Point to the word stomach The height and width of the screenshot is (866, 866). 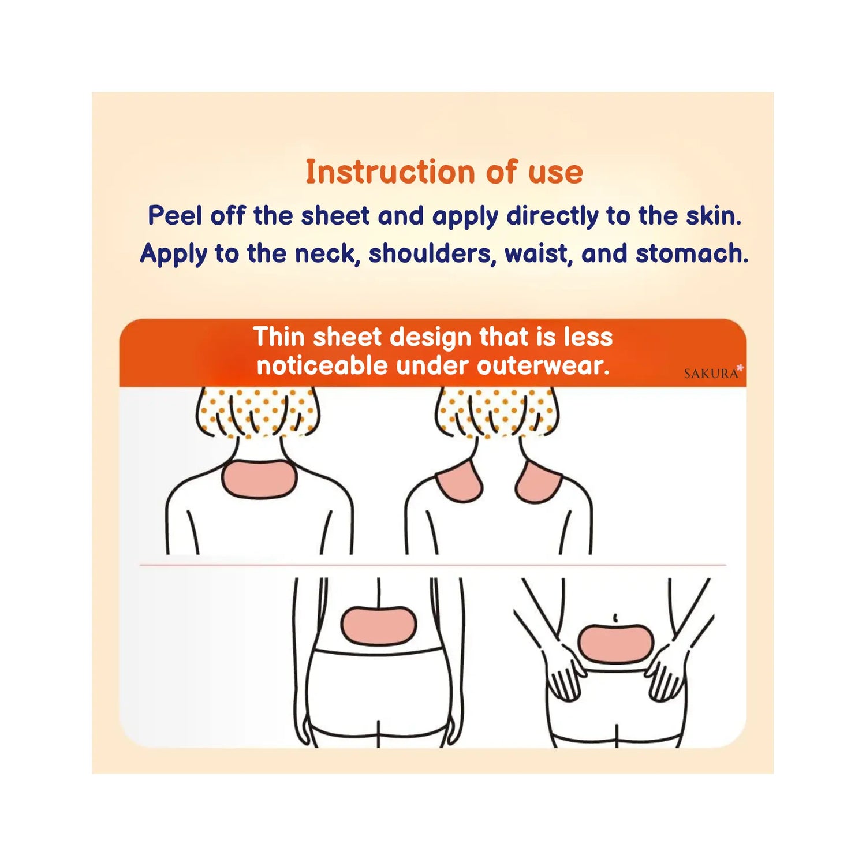pos(692,253)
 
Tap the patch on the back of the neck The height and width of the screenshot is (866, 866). pos(259,479)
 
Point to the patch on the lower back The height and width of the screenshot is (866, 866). pos(378,626)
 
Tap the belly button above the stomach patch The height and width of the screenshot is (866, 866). pos(615,618)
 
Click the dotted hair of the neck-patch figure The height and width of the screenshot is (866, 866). pos(259,412)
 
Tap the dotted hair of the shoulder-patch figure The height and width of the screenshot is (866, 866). pos(496,412)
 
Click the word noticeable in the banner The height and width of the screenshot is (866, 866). pos(322,365)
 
